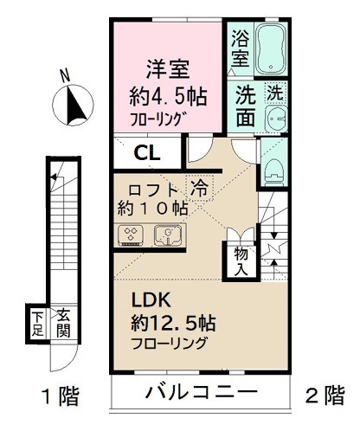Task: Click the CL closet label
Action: [145, 154]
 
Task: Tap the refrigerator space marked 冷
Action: [200, 188]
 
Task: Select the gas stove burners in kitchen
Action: [132, 234]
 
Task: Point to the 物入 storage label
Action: [241, 261]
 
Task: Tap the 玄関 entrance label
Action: [63, 324]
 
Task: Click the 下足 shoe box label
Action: [38, 324]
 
